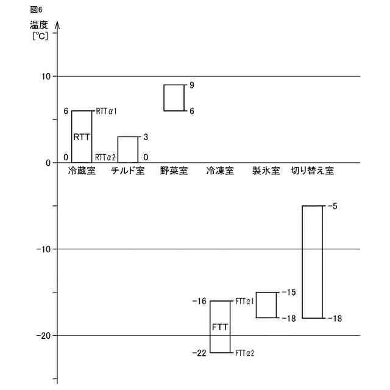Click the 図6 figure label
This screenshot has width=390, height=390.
tap(36, 10)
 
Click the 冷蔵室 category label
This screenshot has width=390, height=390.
tap(82, 171)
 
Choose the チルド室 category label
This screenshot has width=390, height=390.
tap(128, 171)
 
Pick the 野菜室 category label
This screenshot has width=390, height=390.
tap(174, 171)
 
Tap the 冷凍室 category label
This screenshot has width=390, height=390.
tap(220, 171)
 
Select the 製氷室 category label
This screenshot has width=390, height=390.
tap(266, 171)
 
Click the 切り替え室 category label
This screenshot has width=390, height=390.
tap(312, 171)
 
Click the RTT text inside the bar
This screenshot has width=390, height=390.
tap(82, 137)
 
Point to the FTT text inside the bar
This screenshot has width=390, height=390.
tap(220, 327)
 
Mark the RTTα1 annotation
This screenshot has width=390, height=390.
tap(107, 111)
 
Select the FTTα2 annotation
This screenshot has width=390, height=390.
tap(245, 353)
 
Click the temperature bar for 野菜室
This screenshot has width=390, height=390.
tap(174, 97)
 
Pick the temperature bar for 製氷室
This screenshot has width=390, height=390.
tap(266, 305)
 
